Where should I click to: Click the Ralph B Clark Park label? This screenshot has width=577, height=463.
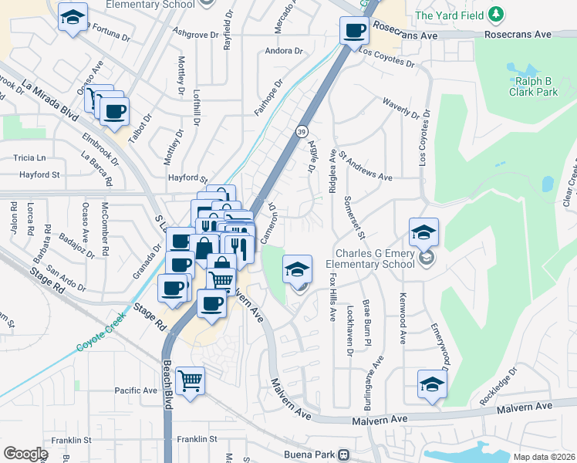click(533, 86)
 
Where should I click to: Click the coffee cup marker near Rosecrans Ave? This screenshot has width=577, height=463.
click(354, 32)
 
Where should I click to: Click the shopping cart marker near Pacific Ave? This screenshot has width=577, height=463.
click(190, 381)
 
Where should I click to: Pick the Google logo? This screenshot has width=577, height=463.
click(25, 454)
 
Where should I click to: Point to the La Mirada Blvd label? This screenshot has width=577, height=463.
click(51, 99)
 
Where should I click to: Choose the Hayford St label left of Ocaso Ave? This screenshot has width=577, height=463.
click(39, 175)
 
